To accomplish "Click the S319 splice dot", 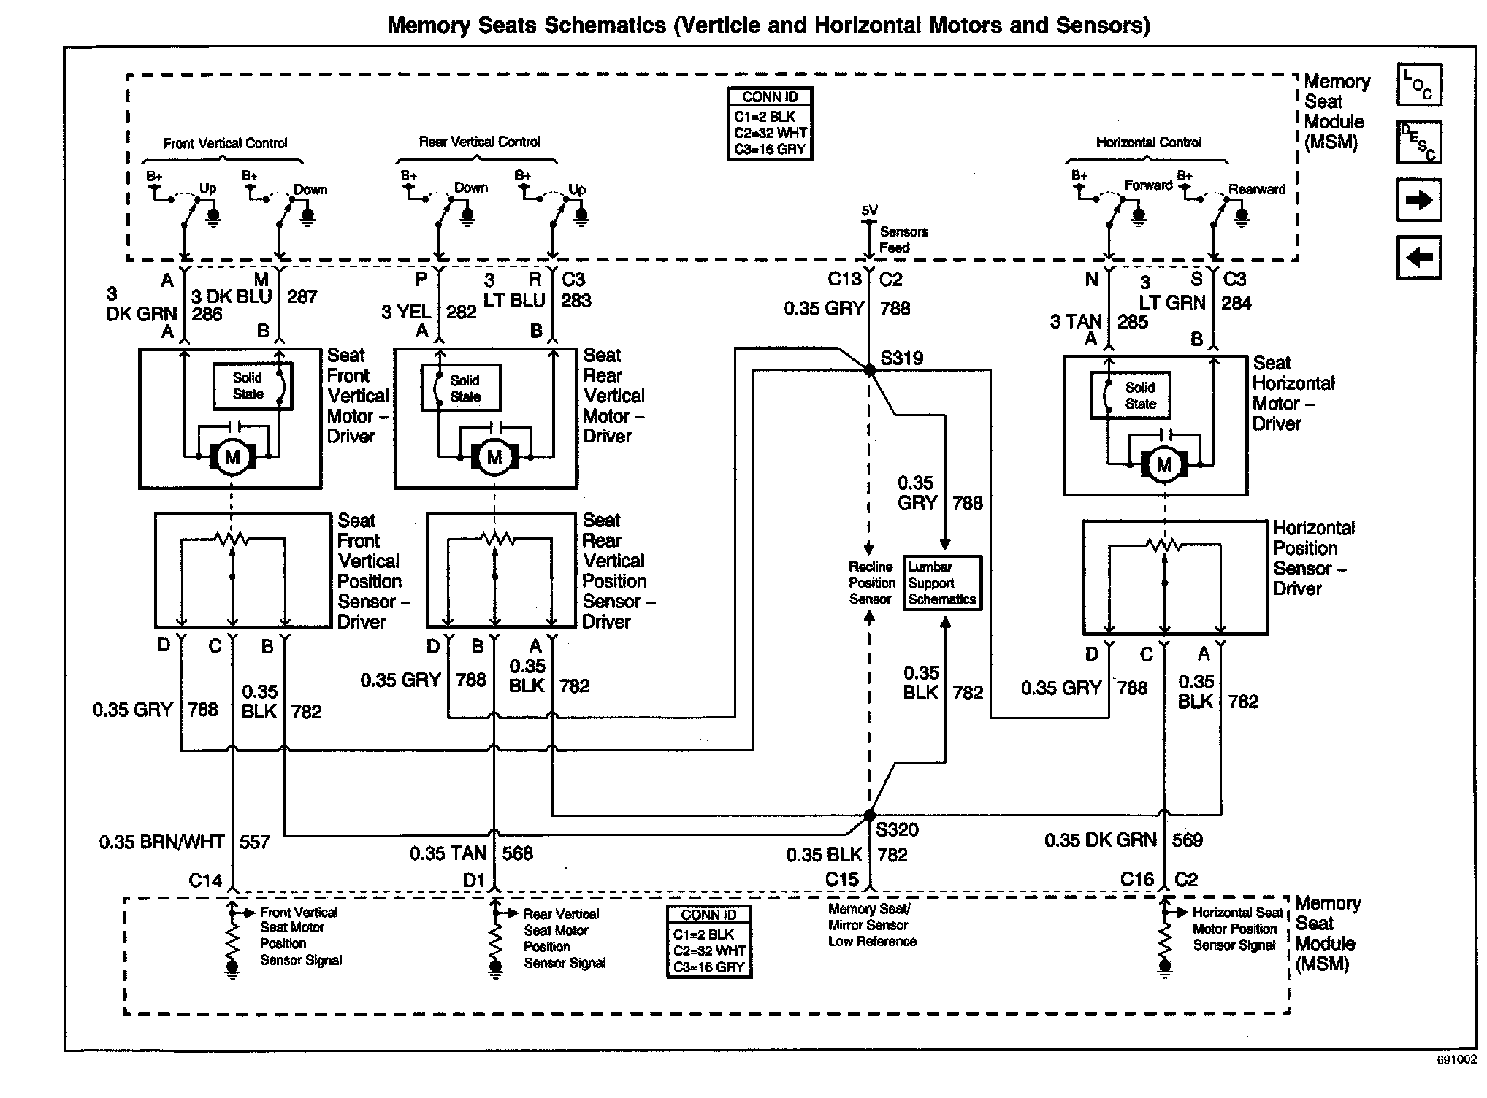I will pos(869,370).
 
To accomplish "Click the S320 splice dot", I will pos(869,815).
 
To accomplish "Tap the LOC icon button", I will pos(1418,85).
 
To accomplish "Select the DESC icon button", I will pos(1418,142).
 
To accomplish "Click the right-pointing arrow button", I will pos(1418,199).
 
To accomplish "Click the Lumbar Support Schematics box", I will pos(942,583).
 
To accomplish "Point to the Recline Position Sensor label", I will pos(871,583).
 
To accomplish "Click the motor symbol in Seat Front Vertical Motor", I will pos(232,458).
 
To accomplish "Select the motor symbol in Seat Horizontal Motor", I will pos(1164,465).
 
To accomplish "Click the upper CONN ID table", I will pos(770,123).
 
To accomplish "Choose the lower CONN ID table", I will pos(708,942).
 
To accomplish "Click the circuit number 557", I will pos(255,842).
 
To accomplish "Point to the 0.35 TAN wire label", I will pos(448,853).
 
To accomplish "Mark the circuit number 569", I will pos(1187,840).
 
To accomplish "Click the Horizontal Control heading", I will pos(1148,142).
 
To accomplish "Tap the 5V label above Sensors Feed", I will pos(869,210).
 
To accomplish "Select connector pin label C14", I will pos(205,880).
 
